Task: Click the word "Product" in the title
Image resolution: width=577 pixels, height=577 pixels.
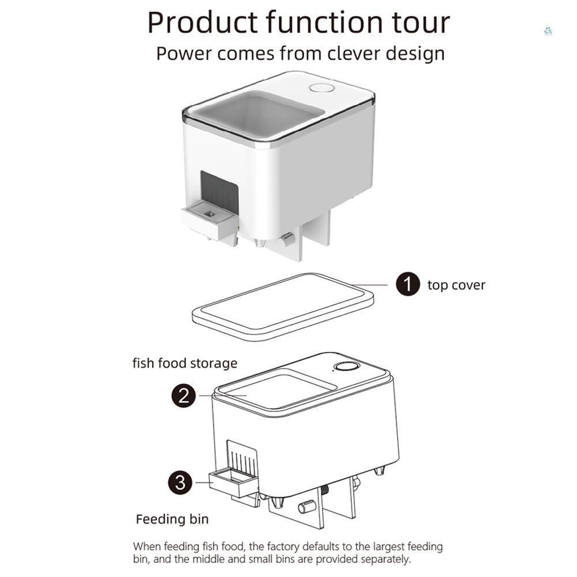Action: click(x=203, y=23)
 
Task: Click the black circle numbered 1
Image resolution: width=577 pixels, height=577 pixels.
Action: click(x=408, y=284)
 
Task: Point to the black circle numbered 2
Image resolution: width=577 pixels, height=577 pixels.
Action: click(x=183, y=396)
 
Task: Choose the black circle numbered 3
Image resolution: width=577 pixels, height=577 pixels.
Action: click(x=180, y=482)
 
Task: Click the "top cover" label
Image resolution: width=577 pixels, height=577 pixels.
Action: click(x=456, y=285)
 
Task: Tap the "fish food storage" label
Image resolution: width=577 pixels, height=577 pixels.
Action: click(x=185, y=363)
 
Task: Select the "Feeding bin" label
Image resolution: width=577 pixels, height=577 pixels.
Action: click(x=172, y=519)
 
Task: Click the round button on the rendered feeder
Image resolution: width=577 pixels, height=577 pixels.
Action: click(x=322, y=88)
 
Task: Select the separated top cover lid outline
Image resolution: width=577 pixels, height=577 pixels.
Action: click(x=282, y=306)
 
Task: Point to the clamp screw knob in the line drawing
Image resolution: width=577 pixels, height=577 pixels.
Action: click(x=306, y=507)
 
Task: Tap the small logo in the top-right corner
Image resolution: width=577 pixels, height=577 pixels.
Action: click(x=547, y=31)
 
